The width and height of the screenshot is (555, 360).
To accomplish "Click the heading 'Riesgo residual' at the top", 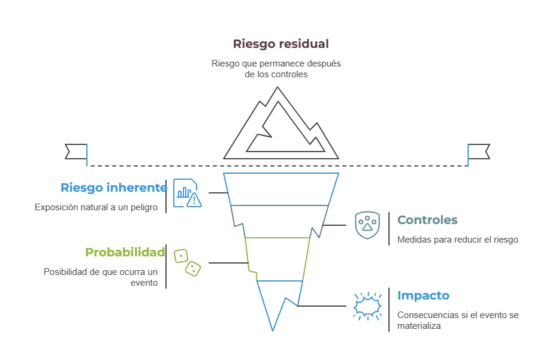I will click(x=279, y=44).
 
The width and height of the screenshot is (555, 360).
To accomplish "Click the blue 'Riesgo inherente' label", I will click(x=113, y=187).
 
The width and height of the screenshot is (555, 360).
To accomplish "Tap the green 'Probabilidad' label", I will click(x=125, y=252).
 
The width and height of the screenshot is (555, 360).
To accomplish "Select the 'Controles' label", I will click(x=427, y=220).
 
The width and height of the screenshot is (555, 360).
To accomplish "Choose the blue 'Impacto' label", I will click(x=424, y=296).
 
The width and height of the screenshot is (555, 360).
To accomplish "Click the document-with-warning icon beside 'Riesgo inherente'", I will click(x=188, y=193).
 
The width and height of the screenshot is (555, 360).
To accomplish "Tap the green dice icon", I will click(x=186, y=262).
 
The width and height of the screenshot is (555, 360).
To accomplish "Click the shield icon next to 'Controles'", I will click(x=369, y=225).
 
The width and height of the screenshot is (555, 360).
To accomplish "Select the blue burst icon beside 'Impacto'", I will click(x=367, y=304).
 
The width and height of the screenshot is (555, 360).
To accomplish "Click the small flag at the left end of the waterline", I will click(x=77, y=153).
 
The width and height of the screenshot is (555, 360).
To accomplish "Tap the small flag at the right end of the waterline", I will click(x=479, y=153).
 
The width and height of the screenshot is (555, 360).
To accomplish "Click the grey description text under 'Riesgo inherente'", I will click(x=96, y=207).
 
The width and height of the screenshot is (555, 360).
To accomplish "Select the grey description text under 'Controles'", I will click(x=457, y=240).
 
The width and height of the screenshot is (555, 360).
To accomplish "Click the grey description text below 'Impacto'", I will click(x=457, y=320).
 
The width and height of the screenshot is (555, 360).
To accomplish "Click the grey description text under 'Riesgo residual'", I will click(x=279, y=69).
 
